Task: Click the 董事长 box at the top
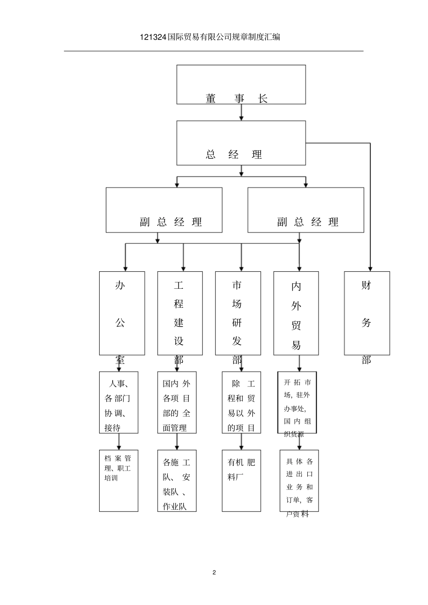pyautogui.click(x=241, y=85)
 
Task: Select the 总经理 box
pyautogui.click(x=241, y=143)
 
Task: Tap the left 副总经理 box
pyautogui.click(x=164, y=210)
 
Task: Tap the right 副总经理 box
pyautogui.click(x=305, y=210)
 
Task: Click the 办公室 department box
pyautogui.click(x=122, y=313)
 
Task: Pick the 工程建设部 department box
pyautogui.click(x=180, y=313)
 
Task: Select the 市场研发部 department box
pyautogui.click(x=238, y=313)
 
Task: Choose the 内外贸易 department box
pyautogui.click(x=296, y=313)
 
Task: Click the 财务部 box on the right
pyautogui.click(x=367, y=313)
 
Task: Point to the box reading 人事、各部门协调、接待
pyautogui.click(x=118, y=403)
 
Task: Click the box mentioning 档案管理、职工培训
pyautogui.click(x=118, y=480)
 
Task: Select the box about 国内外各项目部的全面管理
pyautogui.click(x=177, y=403)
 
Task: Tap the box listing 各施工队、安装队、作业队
pyautogui.click(x=177, y=480)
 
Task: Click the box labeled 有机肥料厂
pyautogui.click(x=241, y=480)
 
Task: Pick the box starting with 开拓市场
pyautogui.click(x=297, y=403)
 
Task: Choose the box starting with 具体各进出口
pyautogui.click(x=299, y=480)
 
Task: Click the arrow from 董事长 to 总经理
pyautogui.click(x=241, y=112)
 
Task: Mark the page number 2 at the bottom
pyautogui.click(x=214, y=573)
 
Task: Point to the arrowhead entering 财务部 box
pyautogui.click(x=370, y=268)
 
